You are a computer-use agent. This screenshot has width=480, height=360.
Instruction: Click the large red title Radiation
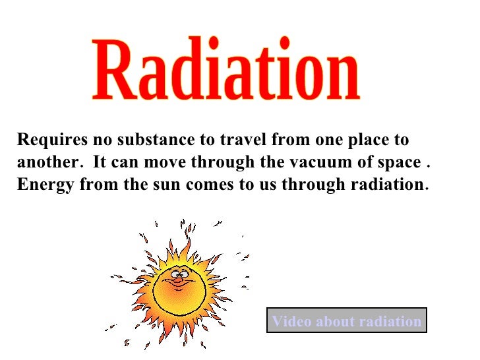pos(225,74)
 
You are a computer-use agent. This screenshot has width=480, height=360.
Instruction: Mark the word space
pos(396,163)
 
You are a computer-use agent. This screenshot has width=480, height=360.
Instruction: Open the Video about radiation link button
pos(346,321)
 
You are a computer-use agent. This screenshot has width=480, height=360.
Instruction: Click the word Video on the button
pos(291,321)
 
